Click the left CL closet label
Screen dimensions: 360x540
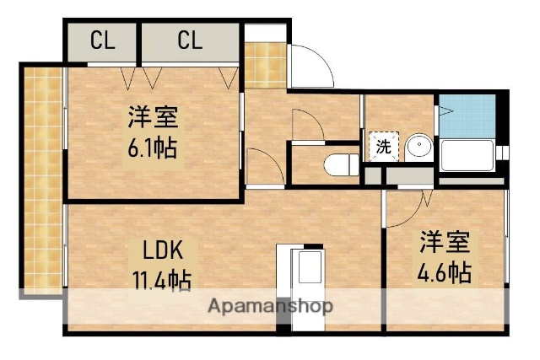(x=102, y=40)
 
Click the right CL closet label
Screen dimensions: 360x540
(x=190, y=40)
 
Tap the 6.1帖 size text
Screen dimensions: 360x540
(x=153, y=149)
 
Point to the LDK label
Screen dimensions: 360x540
(x=158, y=250)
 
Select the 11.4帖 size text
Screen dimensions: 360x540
(x=159, y=278)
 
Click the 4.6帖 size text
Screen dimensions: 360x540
(x=443, y=272)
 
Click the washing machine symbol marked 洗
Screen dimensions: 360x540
(x=382, y=146)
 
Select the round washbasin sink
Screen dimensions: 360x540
(x=418, y=148)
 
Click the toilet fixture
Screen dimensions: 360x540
(x=341, y=164)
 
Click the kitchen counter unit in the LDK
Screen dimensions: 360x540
(x=306, y=274)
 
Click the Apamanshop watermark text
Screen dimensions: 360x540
(x=270, y=305)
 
